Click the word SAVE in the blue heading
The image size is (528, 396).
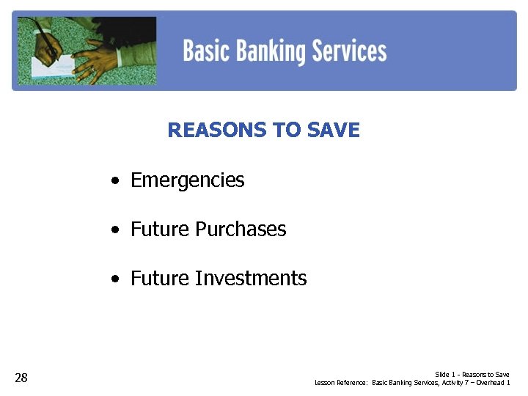pyautogui.click(x=334, y=131)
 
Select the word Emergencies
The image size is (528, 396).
pyautogui.click(x=187, y=180)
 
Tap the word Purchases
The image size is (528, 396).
pyautogui.click(x=241, y=230)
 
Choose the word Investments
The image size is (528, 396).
pyautogui.click(x=251, y=279)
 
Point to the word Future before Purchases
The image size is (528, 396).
pyautogui.click(x=160, y=230)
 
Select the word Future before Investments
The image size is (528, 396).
pyautogui.click(x=160, y=279)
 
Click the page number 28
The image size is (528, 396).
pyautogui.click(x=21, y=378)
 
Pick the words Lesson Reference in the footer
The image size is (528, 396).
pyautogui.click(x=341, y=383)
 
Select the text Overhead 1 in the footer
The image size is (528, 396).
pyautogui.click(x=493, y=383)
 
